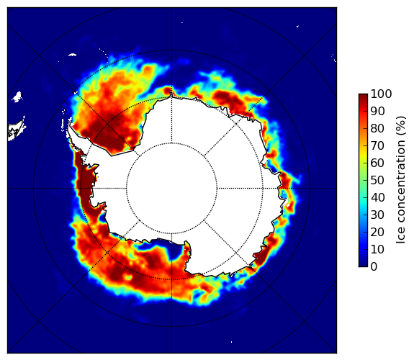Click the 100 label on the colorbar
[x=381, y=94]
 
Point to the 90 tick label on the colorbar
[x=377, y=111]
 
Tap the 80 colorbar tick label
[x=377, y=129]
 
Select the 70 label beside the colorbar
[x=377, y=145]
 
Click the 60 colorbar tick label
[x=377, y=163]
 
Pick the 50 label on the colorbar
[x=377, y=181]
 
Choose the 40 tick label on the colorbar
[x=377, y=197]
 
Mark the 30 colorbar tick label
[x=377, y=215]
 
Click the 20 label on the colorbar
[x=377, y=232]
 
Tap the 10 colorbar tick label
[x=377, y=249]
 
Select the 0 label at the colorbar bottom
[x=374, y=267]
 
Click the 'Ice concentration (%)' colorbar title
[x=400, y=180]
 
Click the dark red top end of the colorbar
[x=363, y=96]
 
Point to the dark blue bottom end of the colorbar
[x=363, y=265]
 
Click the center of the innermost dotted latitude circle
[x=171, y=189]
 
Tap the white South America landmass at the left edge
[x=15, y=131]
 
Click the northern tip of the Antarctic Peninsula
[x=69, y=123]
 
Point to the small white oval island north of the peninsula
[x=72, y=55]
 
